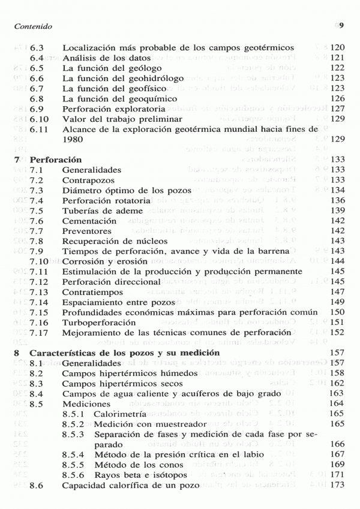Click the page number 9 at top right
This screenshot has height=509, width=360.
point(340,26)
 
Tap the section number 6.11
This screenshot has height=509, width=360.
point(40,129)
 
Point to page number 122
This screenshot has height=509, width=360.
point(336,68)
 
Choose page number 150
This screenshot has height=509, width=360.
point(337,312)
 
